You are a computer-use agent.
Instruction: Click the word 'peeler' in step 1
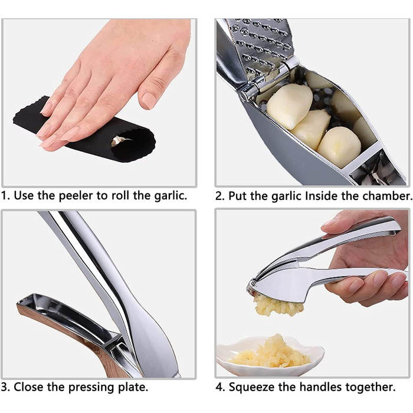76,196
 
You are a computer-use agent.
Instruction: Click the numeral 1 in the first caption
4,196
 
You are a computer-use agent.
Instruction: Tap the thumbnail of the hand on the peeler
149,100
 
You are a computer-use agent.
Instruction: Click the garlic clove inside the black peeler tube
119,140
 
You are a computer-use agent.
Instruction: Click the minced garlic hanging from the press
278,306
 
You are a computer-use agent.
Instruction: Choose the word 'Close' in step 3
29,387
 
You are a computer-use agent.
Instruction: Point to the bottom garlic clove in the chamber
339,146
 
